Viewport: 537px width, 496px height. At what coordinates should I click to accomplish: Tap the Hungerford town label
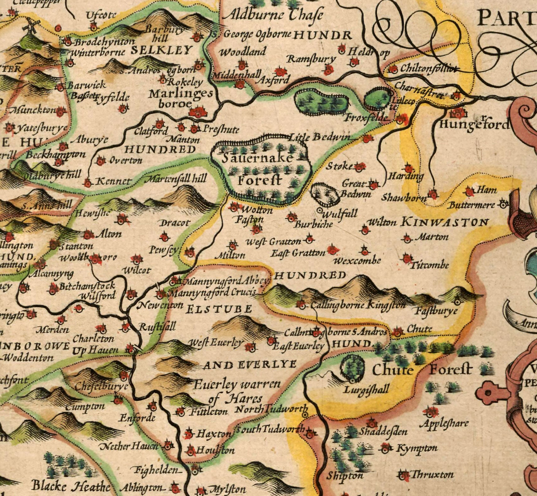[474, 124]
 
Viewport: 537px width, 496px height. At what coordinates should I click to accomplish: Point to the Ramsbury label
[311, 59]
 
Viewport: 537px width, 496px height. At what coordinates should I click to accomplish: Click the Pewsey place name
[164, 250]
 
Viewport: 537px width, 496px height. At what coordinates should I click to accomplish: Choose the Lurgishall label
[367, 390]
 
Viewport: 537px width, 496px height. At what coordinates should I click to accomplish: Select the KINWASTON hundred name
[445, 222]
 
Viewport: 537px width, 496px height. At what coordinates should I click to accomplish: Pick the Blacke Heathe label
[71, 486]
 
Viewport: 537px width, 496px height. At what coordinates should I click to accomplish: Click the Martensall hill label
[175, 179]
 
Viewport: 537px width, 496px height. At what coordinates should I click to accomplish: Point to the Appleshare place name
[444, 424]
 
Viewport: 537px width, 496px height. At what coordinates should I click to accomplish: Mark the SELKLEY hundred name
[161, 50]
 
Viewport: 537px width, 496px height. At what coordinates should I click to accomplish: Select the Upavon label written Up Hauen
[95, 351]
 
